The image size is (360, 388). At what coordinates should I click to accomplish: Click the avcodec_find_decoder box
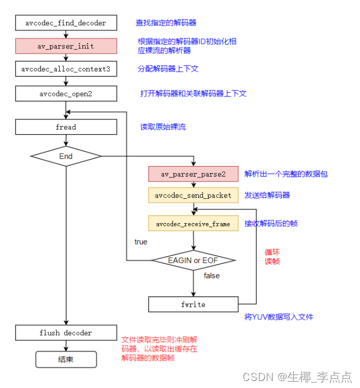66,23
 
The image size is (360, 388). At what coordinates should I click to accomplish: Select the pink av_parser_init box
66,46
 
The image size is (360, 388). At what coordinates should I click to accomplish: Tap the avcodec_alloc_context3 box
66,70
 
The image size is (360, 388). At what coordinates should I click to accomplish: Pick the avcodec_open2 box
66,93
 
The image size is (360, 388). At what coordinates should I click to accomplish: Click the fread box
66,127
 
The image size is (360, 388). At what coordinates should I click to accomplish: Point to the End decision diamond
66,156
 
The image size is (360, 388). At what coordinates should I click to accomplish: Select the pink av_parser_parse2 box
193,174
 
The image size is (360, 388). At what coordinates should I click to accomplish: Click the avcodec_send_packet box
193,195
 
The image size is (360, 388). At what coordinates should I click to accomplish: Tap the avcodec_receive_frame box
193,224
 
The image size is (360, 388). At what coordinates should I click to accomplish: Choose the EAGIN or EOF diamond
193,261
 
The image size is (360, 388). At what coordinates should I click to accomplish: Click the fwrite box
193,304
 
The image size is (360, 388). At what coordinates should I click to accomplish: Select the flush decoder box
66,332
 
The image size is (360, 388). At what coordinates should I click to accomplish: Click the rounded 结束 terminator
66,359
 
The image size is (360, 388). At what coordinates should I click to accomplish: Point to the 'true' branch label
141,242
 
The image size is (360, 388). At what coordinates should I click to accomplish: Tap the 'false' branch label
212,275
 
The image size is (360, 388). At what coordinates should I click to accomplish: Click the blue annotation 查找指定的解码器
166,23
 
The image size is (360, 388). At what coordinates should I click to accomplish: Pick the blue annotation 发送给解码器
268,195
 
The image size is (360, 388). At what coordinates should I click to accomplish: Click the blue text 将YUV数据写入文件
279,317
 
